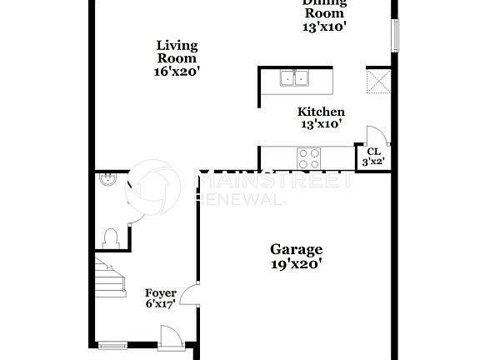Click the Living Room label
pos(177,52)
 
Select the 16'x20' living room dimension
pos(177,72)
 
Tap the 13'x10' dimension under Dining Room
pos(324,26)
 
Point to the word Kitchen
pos(322,112)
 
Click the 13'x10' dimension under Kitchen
pos(322,124)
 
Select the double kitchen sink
pos(293,78)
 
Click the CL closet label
pos(372,151)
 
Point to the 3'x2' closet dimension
pos(372,162)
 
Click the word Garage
pos(296,249)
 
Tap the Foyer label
pos(161,293)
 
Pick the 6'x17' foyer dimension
pos(161,305)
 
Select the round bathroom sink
pos(106,179)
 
